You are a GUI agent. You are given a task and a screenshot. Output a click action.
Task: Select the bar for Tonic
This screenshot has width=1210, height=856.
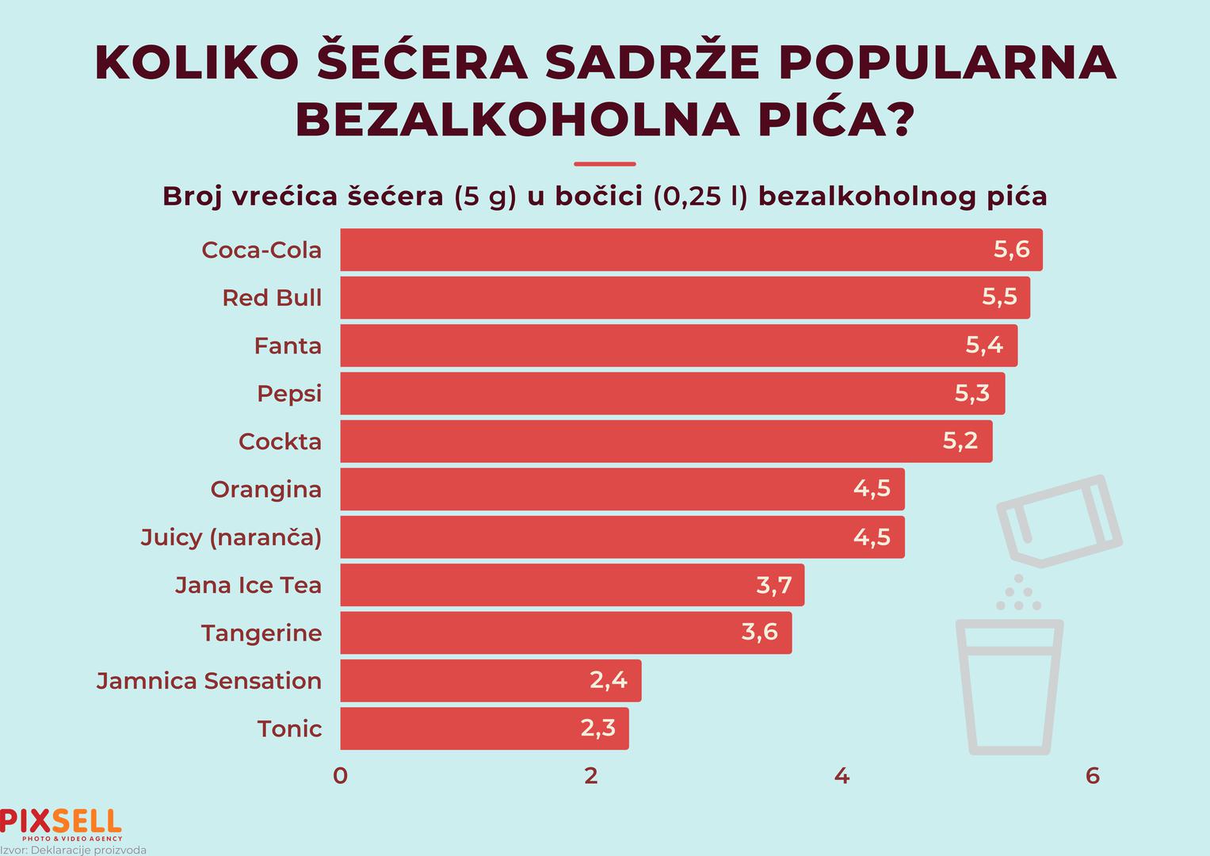(483, 728)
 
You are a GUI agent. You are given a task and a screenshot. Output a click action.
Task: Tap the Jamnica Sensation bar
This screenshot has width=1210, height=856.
(490, 681)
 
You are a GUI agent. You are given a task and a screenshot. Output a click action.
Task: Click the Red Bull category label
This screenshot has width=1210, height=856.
(272, 298)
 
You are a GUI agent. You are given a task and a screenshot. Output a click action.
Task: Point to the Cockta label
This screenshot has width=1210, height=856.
(280, 441)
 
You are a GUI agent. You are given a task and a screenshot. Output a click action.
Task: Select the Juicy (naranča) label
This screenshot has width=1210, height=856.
(231, 537)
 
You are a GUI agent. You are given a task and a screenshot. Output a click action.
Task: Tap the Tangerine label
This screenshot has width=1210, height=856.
(261, 633)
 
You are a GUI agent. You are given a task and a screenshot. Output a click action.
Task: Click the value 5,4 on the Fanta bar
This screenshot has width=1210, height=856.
(984, 346)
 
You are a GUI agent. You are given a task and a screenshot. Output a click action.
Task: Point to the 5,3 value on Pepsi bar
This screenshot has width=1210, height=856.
(971, 393)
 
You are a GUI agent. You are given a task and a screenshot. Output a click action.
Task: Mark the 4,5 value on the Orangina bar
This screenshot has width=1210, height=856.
(872, 489)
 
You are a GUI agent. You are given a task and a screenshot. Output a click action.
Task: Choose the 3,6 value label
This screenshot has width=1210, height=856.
(759, 632)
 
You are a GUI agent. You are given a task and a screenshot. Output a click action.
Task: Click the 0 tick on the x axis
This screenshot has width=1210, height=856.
(341, 775)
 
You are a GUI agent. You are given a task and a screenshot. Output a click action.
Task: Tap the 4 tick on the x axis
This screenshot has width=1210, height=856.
(842, 775)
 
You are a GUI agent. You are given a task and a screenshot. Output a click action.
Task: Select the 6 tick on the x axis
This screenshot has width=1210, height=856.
(1093, 775)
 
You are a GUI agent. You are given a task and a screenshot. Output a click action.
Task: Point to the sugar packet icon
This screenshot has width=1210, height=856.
(1059, 521)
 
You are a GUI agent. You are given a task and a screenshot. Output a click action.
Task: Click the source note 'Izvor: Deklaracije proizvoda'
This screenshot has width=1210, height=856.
(74, 850)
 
